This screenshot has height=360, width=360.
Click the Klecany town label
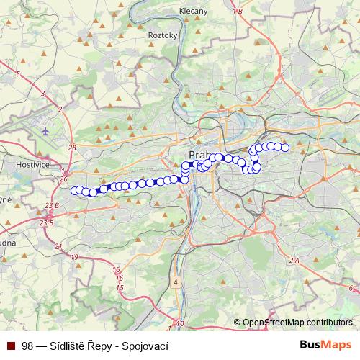click(x=193, y=12)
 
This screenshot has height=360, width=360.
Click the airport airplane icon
click(x=47, y=131)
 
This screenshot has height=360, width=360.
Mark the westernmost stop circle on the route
click(x=74, y=190)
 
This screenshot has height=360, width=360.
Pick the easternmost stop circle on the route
click(x=284, y=148)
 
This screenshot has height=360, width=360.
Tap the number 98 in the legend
click(x=27, y=346)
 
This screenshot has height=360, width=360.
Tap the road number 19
click(x=74, y=256)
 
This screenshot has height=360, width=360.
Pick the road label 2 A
click(x=293, y=259)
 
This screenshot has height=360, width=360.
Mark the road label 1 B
click(x=238, y=12)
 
